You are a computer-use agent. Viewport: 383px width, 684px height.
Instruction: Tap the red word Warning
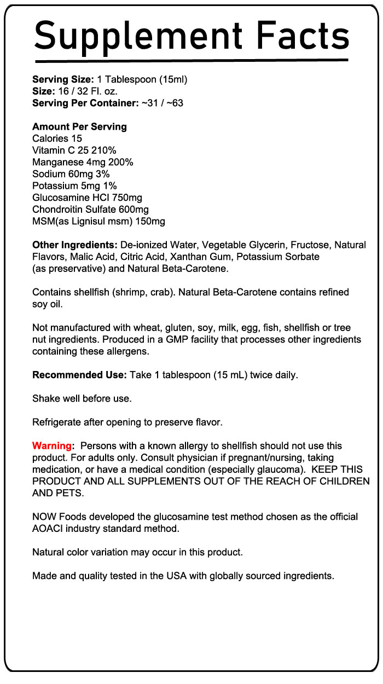(52, 446)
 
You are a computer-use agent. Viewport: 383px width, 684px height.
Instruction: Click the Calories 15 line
(57, 138)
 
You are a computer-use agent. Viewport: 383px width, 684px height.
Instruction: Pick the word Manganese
(57, 162)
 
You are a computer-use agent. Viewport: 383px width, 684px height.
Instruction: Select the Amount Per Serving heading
(79, 126)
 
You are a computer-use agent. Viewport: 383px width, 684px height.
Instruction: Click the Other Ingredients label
(75, 245)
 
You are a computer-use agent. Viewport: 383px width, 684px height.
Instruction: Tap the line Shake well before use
(82, 398)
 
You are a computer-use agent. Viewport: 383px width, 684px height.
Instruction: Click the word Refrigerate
(59, 422)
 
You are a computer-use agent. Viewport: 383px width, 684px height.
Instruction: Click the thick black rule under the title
(191, 60)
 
